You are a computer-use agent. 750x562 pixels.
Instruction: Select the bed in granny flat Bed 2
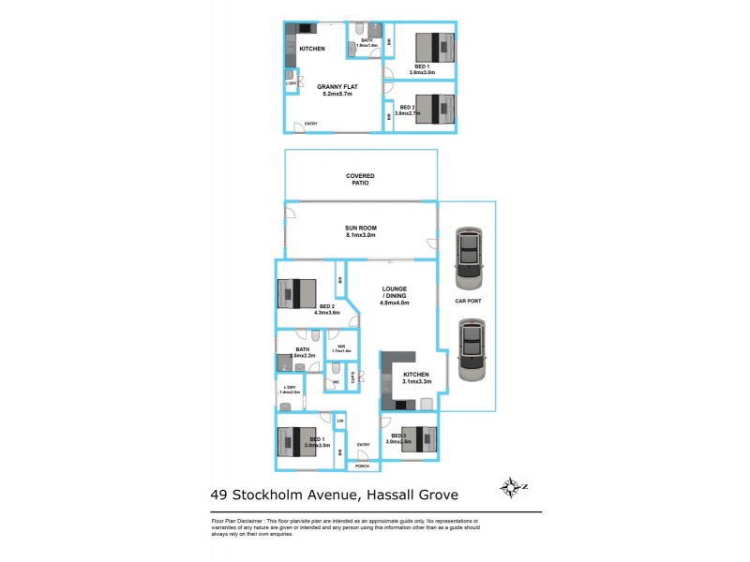point(433,109)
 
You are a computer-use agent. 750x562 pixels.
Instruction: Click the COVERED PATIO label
point(360,179)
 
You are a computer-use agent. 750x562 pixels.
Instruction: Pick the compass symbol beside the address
point(511,487)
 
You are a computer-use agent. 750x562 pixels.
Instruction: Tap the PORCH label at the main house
point(361,466)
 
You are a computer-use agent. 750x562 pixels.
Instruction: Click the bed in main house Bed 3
point(416,438)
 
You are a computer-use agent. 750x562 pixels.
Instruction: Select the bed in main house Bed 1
point(301,441)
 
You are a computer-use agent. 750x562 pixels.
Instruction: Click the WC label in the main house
point(335,381)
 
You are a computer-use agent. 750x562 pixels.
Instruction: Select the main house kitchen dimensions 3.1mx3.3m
point(416,381)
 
